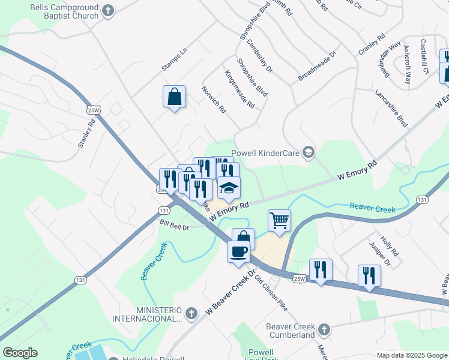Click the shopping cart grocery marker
(279, 221)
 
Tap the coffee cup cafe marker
(238, 251)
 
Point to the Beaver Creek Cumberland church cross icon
(324, 329)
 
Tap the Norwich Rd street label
(214, 100)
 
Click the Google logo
(20, 353)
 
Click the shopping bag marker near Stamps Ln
(173, 97)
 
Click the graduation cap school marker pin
(228, 188)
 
